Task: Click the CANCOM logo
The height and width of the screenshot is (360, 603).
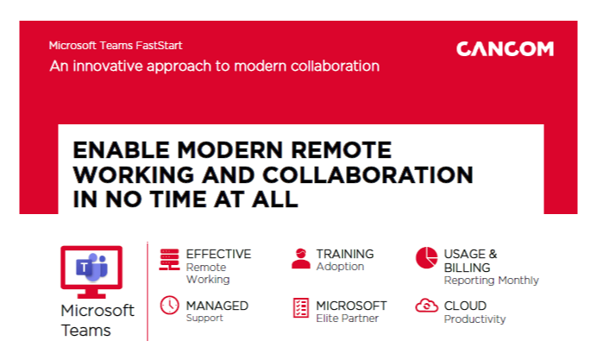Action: click(505, 49)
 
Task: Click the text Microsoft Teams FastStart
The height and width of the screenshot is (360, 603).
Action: click(116, 46)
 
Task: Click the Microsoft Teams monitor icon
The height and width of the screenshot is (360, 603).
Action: click(91, 270)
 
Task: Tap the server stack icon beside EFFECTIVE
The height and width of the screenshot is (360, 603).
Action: click(169, 259)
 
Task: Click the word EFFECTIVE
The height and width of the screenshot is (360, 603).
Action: click(218, 254)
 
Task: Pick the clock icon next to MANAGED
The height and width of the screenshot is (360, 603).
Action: click(169, 306)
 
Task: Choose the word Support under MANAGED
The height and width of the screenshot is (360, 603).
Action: click(204, 318)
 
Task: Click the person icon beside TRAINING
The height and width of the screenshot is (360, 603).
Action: click(300, 258)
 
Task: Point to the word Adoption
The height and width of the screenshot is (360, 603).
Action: click(340, 267)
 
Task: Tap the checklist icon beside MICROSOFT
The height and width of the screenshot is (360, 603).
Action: click(300, 307)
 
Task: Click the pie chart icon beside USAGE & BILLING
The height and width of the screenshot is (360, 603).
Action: click(426, 257)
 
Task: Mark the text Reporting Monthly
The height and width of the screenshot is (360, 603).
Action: click(491, 280)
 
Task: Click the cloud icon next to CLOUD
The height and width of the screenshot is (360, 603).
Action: click(426, 306)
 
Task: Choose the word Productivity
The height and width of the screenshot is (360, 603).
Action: click(474, 319)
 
